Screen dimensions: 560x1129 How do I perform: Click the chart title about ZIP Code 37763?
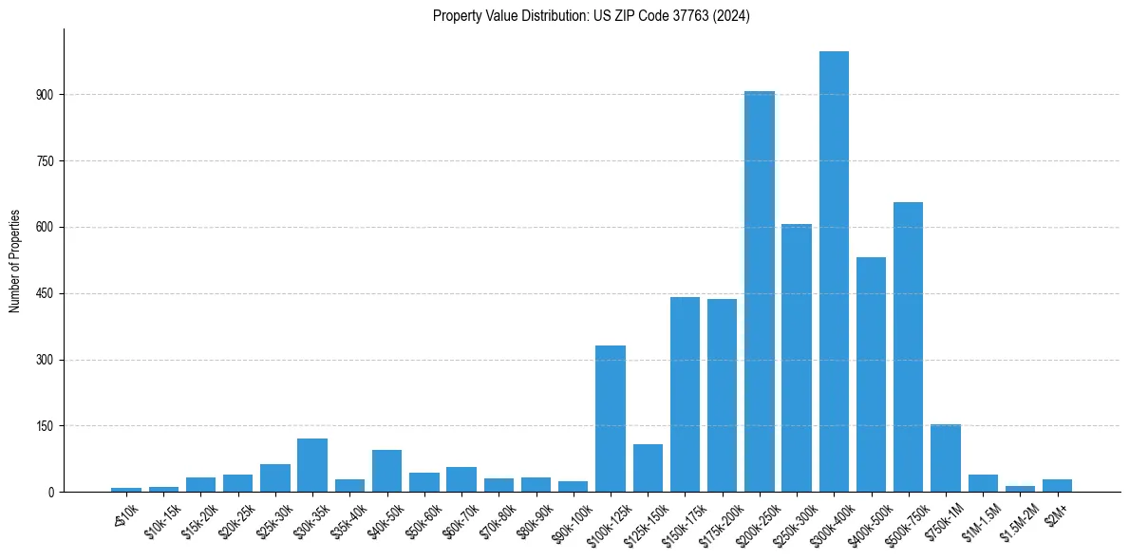[x=591, y=16]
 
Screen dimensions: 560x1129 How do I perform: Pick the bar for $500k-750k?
[x=909, y=346]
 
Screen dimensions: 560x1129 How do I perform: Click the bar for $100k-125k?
[x=611, y=419]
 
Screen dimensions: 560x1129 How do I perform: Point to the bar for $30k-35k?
[x=312, y=465]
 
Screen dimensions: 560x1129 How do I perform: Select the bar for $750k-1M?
[x=946, y=457]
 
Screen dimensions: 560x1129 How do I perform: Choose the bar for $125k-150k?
[x=648, y=468]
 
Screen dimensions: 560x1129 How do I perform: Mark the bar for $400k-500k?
[x=871, y=374]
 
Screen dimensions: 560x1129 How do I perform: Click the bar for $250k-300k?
[x=797, y=358]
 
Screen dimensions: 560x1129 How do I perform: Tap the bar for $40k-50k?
[x=386, y=471]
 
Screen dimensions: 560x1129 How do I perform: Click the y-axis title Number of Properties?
[x=15, y=261]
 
